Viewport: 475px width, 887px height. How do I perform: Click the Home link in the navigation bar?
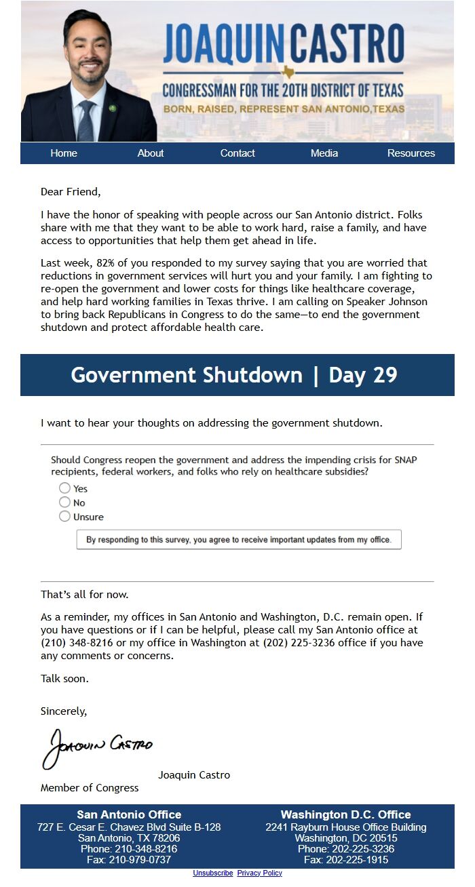64,153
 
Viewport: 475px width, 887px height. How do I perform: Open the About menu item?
151,153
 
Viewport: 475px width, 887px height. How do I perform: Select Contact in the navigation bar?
237,153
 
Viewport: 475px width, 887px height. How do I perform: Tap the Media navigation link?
324,153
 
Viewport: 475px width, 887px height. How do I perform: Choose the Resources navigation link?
411,153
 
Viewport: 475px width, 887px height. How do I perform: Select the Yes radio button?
64,488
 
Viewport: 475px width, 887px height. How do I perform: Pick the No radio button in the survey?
64,502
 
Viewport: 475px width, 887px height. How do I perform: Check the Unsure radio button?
64,517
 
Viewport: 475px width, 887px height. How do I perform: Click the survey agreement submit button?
239,540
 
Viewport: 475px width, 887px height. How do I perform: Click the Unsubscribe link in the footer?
212,873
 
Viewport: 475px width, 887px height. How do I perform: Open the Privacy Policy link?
259,873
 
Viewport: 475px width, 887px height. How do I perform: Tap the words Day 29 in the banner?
363,375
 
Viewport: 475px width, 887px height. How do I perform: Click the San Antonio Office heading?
129,815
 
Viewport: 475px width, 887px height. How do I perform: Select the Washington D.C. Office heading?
346,815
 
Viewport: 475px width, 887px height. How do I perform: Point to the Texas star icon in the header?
288,72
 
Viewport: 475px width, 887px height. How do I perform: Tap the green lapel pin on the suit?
113,108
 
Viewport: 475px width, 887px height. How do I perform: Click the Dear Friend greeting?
71,192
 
